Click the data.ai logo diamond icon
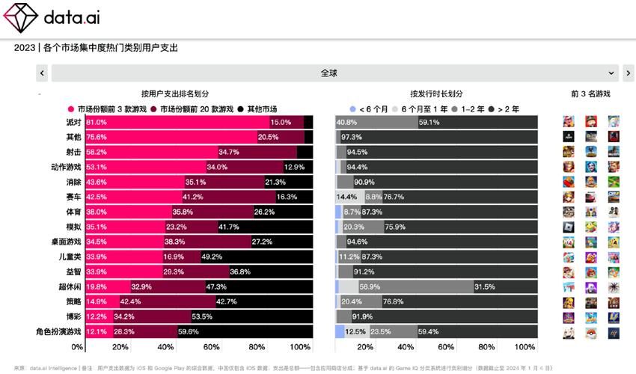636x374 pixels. (20, 16)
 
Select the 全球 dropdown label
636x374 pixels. (329, 73)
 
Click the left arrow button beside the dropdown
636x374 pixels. (42, 73)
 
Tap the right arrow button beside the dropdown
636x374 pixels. (629, 73)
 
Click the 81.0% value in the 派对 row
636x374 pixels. (97, 122)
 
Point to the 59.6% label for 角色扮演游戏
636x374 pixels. (188, 331)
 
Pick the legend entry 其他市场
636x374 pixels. (261, 108)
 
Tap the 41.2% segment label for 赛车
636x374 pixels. (194, 197)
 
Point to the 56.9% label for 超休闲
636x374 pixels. (370, 286)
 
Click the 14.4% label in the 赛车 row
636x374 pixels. (346, 197)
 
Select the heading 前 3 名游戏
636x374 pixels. (590, 93)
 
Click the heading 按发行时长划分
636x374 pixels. (436, 93)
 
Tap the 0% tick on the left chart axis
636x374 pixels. (78, 347)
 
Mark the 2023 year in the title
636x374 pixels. (25, 48)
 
